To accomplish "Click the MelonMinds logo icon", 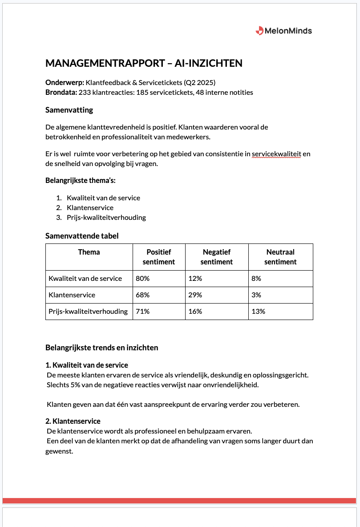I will (259, 31).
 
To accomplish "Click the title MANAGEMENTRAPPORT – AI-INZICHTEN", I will (144, 63).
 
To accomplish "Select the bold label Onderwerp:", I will (65, 83).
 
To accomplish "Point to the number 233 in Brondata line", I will (85, 93).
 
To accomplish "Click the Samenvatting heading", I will (69, 110).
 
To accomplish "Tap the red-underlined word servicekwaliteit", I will (276, 154).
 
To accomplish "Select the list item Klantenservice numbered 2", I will (90, 208).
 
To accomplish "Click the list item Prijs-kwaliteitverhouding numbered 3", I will (106, 218).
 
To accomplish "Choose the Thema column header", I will (89, 252).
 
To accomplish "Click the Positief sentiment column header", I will (159, 257).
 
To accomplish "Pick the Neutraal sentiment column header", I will (280, 257).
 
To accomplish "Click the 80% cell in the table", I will (142, 279).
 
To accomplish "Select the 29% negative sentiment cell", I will (195, 295).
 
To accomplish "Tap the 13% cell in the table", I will (258, 312).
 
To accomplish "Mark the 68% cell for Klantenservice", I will (142, 295).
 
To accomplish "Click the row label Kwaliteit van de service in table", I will (85, 279).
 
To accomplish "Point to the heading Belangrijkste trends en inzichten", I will (101, 348).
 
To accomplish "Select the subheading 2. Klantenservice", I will (73, 421).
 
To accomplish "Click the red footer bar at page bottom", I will (179, 501).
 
